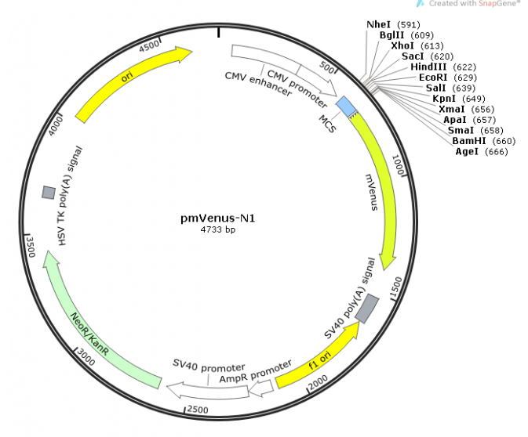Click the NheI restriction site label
[x=378, y=24]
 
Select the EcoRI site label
[x=433, y=78]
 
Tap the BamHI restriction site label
[x=469, y=141]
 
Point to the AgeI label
[x=467, y=152]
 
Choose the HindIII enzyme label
[x=428, y=67]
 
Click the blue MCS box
[x=346, y=107]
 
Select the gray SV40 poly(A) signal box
[x=367, y=309]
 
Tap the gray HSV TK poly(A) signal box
[x=49, y=193]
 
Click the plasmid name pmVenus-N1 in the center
[x=218, y=218]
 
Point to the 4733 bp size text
[x=218, y=229]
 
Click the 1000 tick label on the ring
[x=398, y=164]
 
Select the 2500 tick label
[x=198, y=410]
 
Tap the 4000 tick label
[x=56, y=126]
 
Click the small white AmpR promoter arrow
[x=261, y=388]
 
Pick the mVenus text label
[x=372, y=192]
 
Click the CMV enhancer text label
[x=258, y=85]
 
